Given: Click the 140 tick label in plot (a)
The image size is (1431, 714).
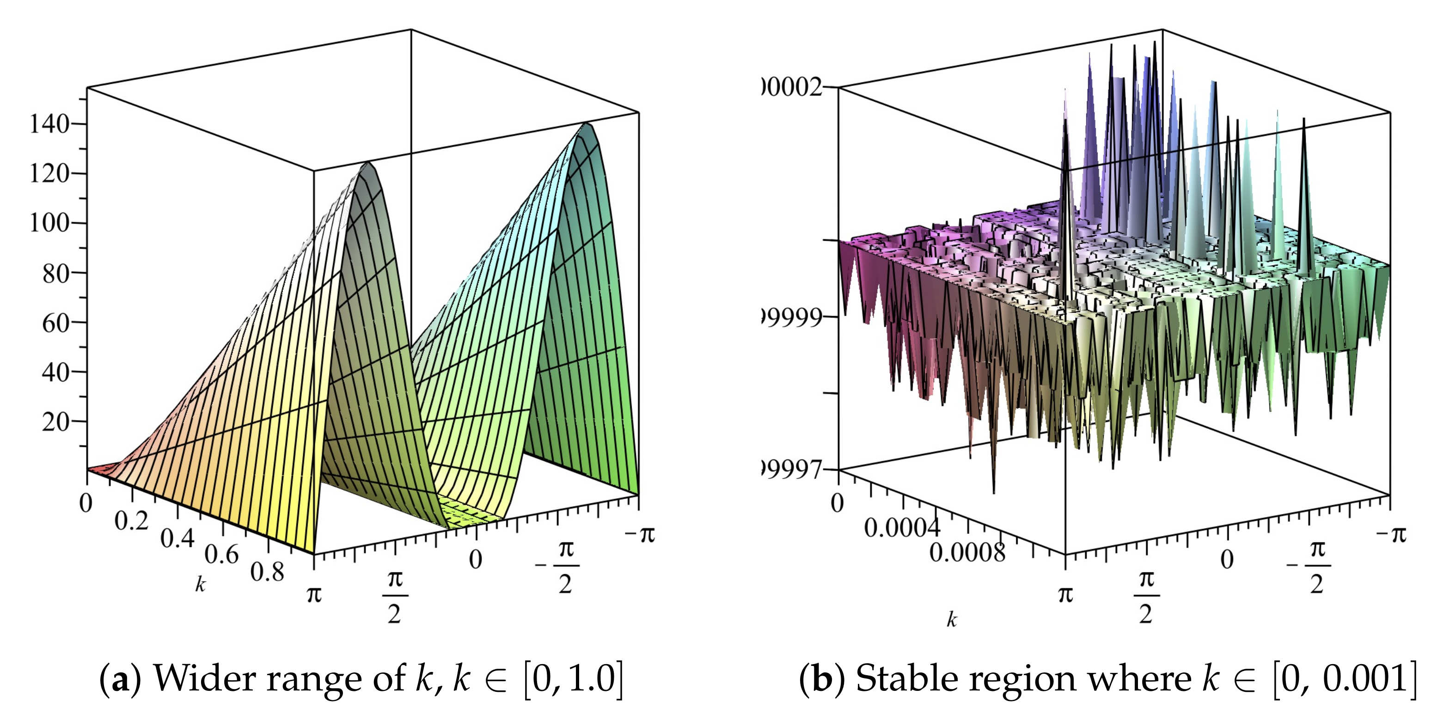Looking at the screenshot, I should [49, 124].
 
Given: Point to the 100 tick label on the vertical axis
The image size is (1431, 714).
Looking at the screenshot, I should [49, 223].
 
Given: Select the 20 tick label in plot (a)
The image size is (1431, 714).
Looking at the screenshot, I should [55, 421].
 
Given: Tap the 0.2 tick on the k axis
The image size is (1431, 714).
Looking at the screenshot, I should [131, 521].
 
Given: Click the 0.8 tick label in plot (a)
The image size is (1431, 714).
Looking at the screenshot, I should [267, 572].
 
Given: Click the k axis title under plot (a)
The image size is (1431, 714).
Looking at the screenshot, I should [200, 584].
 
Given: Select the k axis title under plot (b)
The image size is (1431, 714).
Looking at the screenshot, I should [952, 620].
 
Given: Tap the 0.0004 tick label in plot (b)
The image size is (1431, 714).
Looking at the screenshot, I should [902, 527].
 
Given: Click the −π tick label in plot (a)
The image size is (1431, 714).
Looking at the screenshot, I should [640, 534].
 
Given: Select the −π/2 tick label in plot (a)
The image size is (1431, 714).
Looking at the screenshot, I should [558, 566].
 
